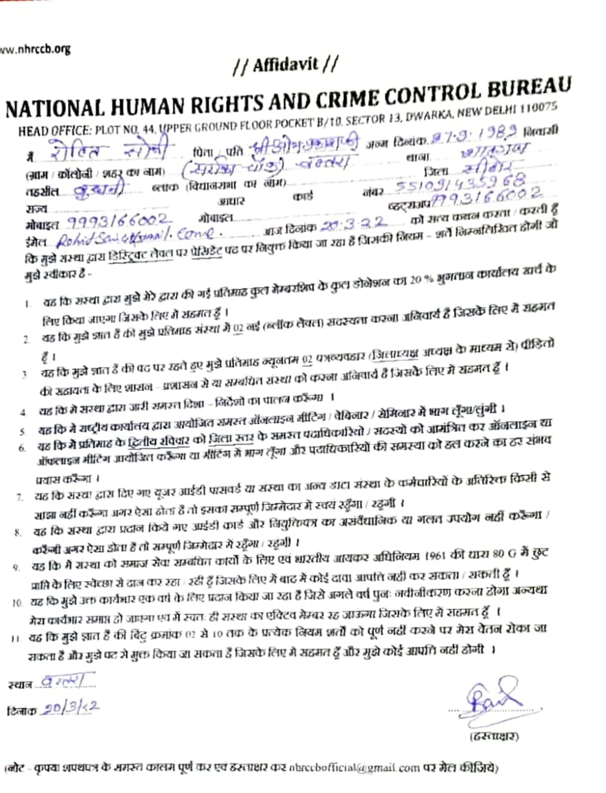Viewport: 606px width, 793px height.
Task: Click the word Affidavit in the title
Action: (x=286, y=65)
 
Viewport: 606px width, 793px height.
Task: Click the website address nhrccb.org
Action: (x=36, y=50)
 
